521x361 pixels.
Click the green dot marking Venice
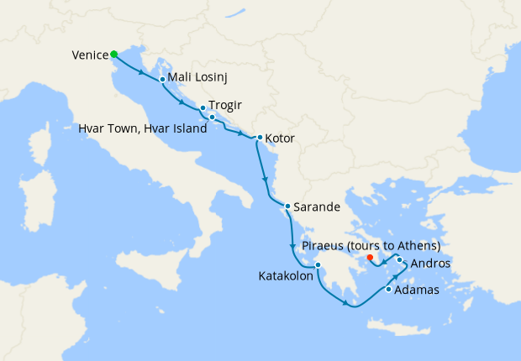pos(113,55)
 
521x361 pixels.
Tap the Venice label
pos(90,55)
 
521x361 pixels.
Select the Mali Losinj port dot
pos(161,79)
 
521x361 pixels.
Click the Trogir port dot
pos(203,108)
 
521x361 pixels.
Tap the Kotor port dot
pos(259,138)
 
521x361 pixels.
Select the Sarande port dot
pos(287,207)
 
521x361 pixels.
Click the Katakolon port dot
pos(318,266)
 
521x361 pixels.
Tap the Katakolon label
pos(286,275)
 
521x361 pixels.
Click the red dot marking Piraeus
pos(371,257)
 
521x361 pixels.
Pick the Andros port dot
pos(400,260)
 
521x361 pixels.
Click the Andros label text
pos(431,264)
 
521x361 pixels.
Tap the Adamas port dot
pos(387,290)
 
